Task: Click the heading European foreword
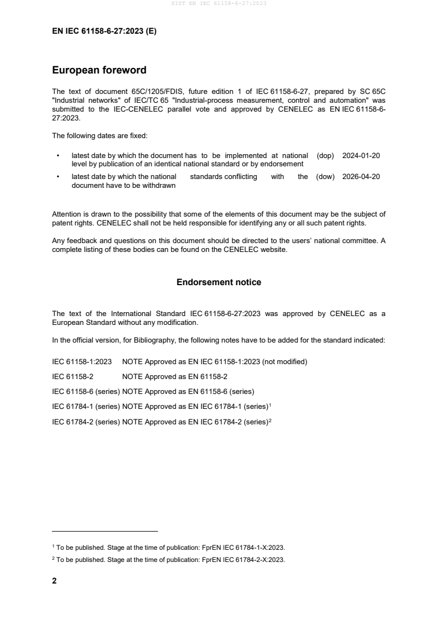99,70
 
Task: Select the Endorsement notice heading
219,282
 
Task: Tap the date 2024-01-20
361,156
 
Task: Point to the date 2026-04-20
361,177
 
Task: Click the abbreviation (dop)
325,156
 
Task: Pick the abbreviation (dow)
325,177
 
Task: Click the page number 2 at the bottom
54,581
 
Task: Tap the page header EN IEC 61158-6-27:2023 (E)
104,31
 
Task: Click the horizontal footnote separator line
104,532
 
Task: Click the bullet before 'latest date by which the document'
57,156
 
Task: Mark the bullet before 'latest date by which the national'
57,177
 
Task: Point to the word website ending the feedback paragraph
272,249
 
